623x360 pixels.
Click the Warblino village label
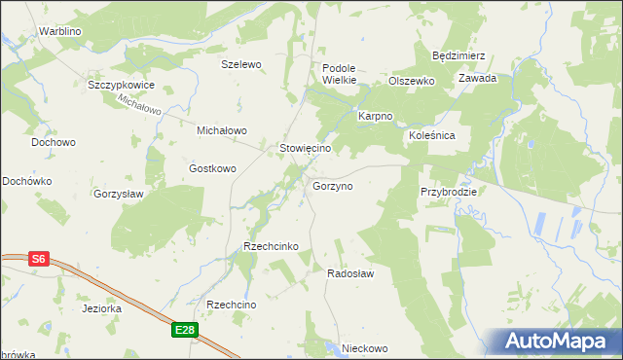coord(59,31)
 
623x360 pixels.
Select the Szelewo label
coord(242,64)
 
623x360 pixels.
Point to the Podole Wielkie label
coord(340,74)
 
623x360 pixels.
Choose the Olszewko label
coord(411,82)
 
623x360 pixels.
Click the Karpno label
coord(375,116)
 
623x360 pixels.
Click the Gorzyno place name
coord(332,185)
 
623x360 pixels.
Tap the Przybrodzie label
coord(449,192)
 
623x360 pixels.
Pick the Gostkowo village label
coord(213,168)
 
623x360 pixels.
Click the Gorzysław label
coord(119,194)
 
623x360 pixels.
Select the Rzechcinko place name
coord(271,247)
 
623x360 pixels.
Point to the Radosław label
coord(350,274)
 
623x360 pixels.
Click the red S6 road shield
coord(38,259)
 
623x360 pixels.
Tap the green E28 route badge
coord(187,331)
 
